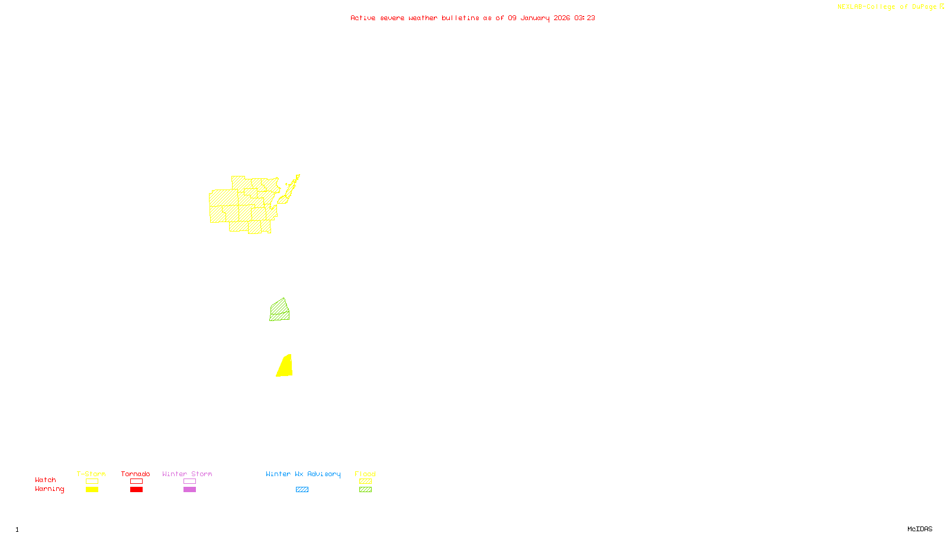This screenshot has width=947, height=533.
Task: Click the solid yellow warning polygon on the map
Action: click(x=285, y=367)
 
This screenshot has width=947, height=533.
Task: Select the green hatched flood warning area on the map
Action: click(x=280, y=310)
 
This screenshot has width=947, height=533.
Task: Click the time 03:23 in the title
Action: click(x=585, y=18)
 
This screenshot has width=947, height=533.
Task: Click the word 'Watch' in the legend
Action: click(x=46, y=480)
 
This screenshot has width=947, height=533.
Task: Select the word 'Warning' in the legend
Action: click(x=49, y=489)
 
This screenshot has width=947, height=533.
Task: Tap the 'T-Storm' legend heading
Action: click(x=91, y=474)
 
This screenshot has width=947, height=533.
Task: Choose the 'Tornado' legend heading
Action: click(x=136, y=474)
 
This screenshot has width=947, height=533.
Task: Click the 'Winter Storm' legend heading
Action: click(x=187, y=474)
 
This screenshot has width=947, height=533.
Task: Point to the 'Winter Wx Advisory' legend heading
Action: click(x=303, y=474)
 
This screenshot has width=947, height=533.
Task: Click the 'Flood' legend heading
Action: click(x=365, y=474)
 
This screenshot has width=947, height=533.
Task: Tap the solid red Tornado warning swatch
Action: click(x=136, y=490)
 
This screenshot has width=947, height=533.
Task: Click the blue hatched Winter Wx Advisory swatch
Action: click(x=302, y=490)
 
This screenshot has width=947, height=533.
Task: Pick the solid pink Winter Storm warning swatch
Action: click(x=189, y=490)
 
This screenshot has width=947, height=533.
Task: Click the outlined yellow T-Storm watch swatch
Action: click(x=92, y=481)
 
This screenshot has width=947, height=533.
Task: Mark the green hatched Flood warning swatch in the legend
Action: click(x=365, y=490)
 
